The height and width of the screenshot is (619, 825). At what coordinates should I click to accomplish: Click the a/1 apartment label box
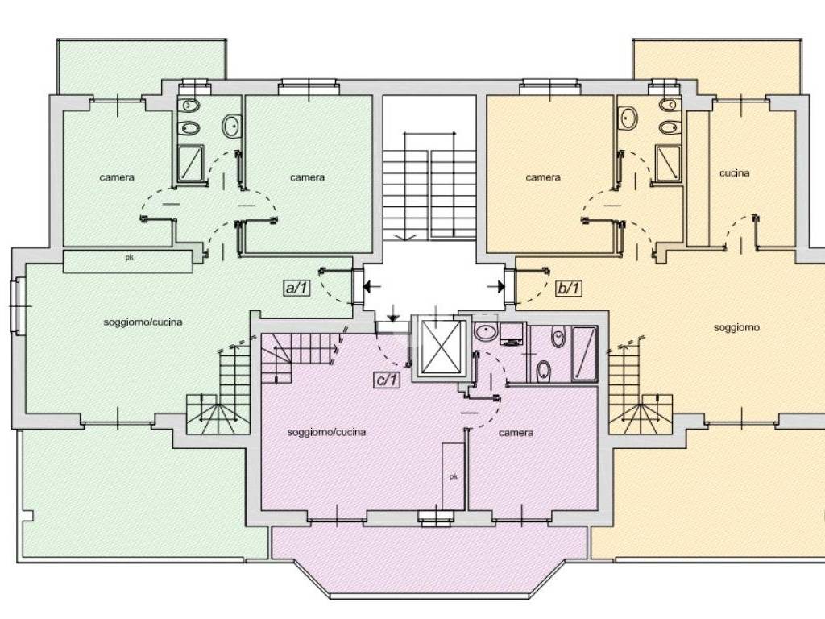coord(297,288)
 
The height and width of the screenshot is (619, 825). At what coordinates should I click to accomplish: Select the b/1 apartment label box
coord(569,288)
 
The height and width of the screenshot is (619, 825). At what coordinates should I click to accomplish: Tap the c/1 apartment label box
coord(387,380)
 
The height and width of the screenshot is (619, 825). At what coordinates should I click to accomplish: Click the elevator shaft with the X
coord(442,347)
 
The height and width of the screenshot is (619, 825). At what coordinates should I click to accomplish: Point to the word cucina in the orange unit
coord(735,173)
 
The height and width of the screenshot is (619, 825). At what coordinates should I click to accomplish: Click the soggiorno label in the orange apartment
coord(736,327)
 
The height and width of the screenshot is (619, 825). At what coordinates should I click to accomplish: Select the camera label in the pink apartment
coord(516,433)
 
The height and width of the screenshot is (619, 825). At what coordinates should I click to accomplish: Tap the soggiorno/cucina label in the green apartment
coord(143,322)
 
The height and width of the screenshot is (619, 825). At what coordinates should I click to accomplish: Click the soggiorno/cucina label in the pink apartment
coord(326,432)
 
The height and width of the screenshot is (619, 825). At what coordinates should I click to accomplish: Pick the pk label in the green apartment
coord(129,257)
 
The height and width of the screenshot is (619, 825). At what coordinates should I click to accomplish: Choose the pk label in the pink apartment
coord(453,476)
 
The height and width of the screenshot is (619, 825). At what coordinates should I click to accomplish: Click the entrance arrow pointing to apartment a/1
coord(372,286)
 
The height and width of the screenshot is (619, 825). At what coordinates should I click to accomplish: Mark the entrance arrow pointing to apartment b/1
coord(495,286)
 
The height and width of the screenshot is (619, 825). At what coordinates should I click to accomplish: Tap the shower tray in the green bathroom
coord(190,164)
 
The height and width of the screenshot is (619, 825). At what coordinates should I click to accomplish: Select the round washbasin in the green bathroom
coord(231,127)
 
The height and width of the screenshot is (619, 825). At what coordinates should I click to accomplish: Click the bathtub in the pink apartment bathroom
coord(584,354)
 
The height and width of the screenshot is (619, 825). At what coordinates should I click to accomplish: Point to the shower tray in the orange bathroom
coord(668,163)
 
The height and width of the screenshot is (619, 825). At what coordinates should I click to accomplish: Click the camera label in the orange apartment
coord(543,178)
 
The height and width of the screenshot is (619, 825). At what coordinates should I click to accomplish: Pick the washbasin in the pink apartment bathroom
coord(486,332)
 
